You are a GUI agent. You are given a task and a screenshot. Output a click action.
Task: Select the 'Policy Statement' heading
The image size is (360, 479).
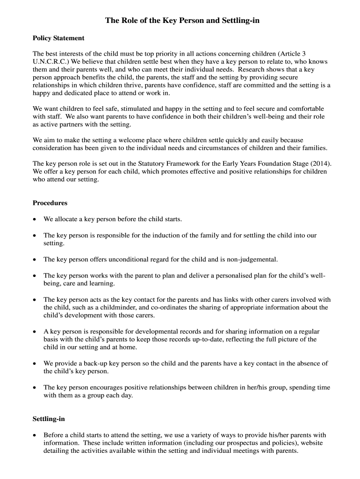[x=58, y=38]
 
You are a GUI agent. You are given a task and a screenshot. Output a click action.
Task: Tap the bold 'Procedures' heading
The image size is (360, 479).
[x=50, y=203]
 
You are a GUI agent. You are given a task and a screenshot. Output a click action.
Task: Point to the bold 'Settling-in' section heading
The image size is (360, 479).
[x=49, y=418]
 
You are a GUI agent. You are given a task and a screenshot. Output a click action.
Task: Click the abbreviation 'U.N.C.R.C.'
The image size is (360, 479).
[x=50, y=62]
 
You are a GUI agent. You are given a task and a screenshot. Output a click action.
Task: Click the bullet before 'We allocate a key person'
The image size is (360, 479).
[x=35, y=219]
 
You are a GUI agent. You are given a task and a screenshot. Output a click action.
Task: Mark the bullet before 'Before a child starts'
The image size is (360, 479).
[x=35, y=435]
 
